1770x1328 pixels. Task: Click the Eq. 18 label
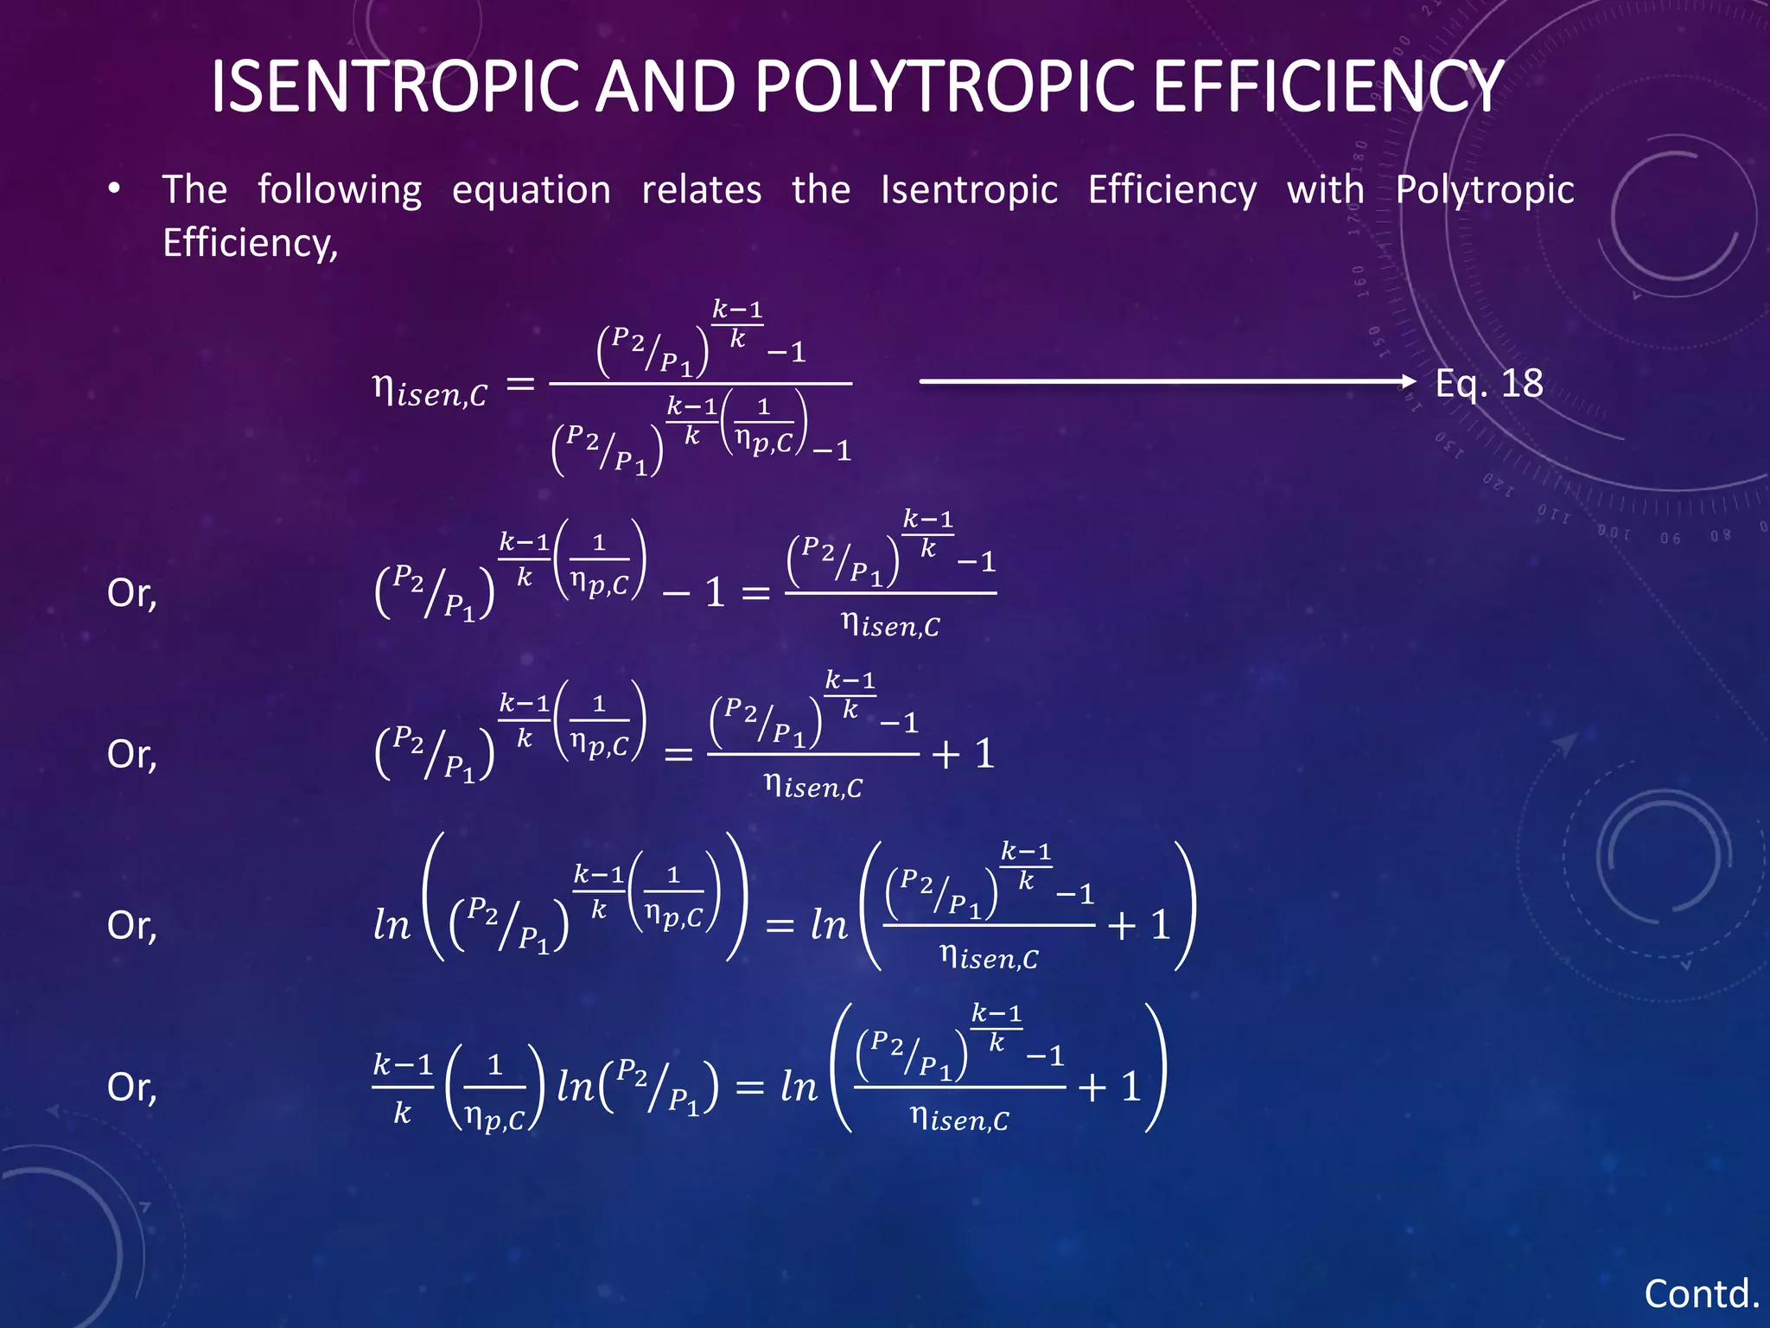1488,383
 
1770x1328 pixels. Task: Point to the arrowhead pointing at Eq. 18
1409,380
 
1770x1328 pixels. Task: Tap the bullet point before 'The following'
114,189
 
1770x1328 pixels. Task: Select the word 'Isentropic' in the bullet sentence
969,190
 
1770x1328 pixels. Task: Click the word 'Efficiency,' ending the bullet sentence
250,243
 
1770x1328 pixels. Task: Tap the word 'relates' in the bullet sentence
701,190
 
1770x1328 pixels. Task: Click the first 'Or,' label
131,594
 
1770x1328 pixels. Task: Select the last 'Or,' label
131,1088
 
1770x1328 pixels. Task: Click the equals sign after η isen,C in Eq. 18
520,384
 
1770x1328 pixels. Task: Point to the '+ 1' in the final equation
1110,1087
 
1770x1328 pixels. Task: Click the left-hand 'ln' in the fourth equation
392,925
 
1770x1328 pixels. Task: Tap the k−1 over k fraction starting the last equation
403,1088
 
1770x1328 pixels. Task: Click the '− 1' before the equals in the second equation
693,593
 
